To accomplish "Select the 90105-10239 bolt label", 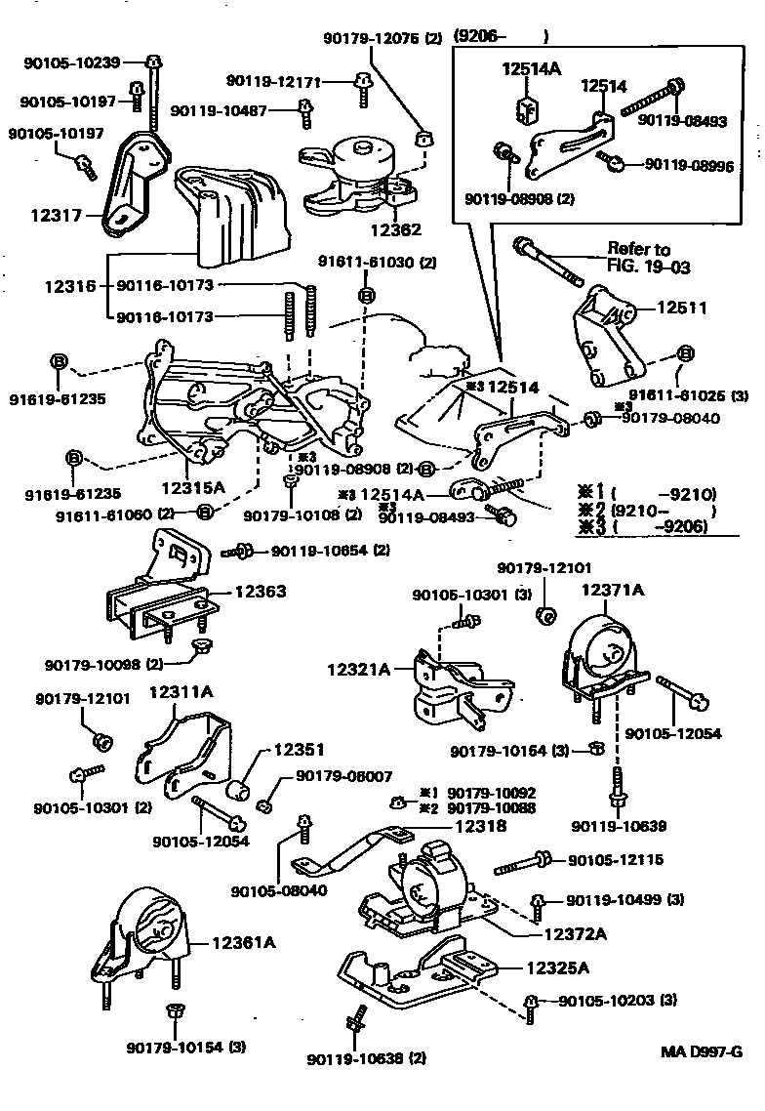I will tap(71, 63).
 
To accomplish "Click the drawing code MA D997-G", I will tap(702, 1051).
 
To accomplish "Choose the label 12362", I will tap(396, 230).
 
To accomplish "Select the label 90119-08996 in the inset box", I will tap(689, 164).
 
